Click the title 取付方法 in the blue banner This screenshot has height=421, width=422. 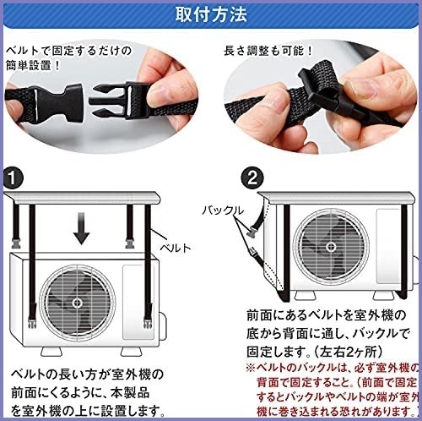[211, 14]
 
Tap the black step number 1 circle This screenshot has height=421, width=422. [13, 178]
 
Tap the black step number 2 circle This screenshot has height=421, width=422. [252, 178]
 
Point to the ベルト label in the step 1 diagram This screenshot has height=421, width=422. [176, 248]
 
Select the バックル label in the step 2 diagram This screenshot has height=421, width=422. [223, 210]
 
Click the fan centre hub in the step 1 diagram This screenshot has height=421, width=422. [77, 303]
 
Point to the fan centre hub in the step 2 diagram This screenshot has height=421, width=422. [331, 247]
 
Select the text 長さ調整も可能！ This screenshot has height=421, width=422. [268, 51]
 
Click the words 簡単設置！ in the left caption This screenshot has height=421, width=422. [33, 66]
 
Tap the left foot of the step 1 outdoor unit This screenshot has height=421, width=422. [51, 352]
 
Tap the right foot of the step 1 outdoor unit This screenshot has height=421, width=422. [132, 352]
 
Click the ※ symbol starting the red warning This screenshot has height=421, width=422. [251, 368]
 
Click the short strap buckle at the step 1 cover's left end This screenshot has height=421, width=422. [16, 243]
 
